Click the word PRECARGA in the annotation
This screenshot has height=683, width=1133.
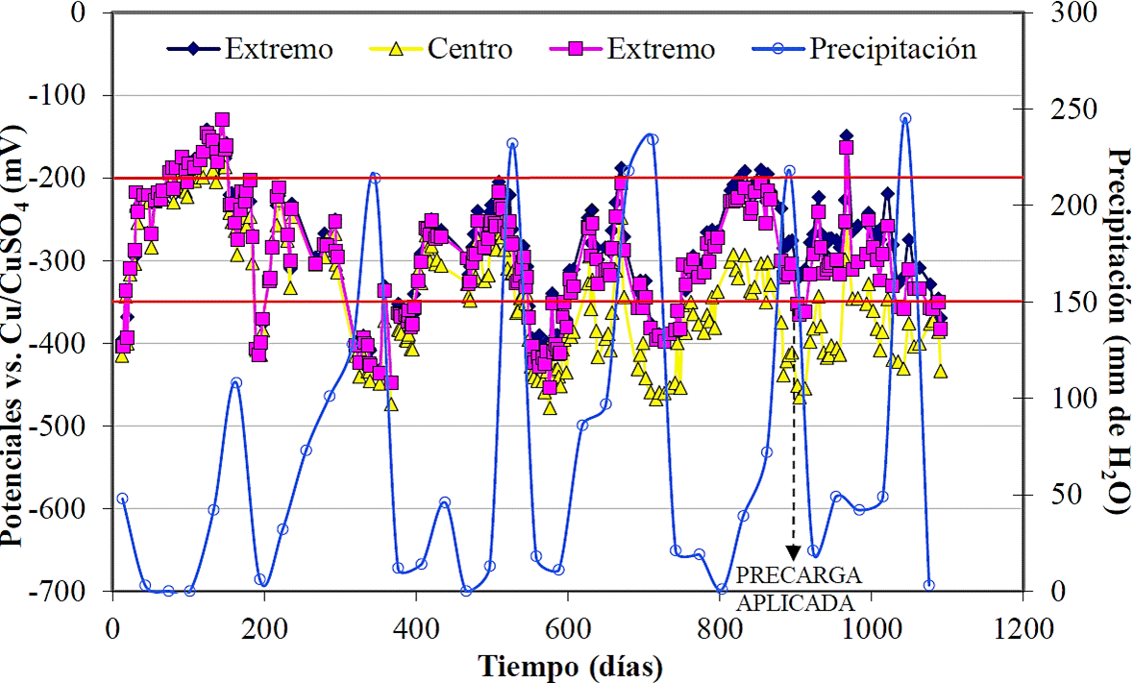pos(798,576)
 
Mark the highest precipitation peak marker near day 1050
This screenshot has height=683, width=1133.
pos(905,118)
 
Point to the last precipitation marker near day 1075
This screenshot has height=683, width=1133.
pos(929,585)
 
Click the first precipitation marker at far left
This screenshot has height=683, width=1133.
pos(122,499)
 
